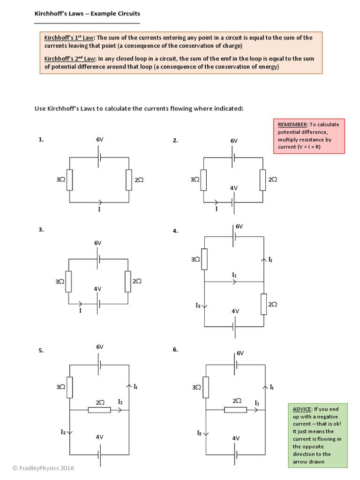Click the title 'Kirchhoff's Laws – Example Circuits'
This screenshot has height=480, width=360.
click(87, 14)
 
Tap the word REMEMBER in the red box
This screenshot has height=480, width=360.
click(292, 125)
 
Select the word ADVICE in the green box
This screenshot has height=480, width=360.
click(300, 409)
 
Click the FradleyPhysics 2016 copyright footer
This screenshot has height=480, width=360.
click(37, 468)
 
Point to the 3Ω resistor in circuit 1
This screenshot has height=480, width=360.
click(69, 180)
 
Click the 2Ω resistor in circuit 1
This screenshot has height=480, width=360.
click(129, 180)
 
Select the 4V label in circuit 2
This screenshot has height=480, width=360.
click(234, 187)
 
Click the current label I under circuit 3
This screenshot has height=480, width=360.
click(80, 310)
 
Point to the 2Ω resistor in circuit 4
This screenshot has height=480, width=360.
click(263, 304)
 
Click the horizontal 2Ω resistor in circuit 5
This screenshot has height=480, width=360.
click(99, 410)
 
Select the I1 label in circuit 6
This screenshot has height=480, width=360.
click(271, 387)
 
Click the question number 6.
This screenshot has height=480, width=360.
click(175, 350)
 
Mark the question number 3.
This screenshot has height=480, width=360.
click(41, 229)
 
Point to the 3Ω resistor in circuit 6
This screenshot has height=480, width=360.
click(206, 387)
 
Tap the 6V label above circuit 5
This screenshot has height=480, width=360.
click(100, 347)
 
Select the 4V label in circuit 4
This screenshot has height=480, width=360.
click(235, 311)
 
